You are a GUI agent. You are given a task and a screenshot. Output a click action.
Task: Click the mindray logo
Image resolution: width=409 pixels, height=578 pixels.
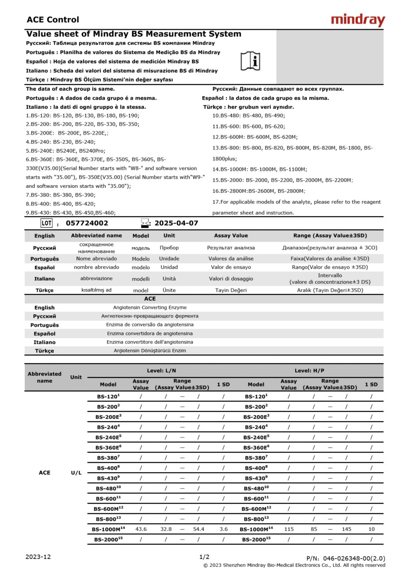358,20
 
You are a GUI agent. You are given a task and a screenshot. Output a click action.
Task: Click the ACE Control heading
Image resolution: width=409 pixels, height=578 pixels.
52,20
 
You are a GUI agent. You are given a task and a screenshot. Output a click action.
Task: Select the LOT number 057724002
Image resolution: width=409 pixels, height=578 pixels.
87,223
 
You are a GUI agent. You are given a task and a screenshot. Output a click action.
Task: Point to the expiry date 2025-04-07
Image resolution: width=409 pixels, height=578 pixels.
176,223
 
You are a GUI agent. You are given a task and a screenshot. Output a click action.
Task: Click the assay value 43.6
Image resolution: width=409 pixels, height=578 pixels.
141,529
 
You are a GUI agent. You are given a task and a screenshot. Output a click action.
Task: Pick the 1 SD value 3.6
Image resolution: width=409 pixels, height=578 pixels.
223,529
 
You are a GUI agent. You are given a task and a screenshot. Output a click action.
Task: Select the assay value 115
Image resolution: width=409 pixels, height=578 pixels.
288,529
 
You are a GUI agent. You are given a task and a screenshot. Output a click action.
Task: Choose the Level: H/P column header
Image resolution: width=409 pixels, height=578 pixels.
309,371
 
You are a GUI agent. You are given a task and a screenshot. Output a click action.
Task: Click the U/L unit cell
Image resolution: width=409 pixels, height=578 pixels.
76,473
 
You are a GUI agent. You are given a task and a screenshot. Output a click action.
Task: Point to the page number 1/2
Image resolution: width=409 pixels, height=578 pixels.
204,557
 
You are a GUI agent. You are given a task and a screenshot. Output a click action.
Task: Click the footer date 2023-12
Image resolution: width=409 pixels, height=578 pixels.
38,557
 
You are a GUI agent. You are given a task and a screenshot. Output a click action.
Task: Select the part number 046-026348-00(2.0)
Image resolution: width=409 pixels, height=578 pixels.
346,559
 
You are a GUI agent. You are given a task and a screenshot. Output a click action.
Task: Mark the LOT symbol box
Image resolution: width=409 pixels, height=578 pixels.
47,223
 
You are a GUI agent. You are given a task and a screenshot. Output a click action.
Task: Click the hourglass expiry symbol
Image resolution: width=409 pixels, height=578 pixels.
145,223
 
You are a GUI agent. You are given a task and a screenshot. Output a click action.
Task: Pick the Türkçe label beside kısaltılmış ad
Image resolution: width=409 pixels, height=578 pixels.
44,290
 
